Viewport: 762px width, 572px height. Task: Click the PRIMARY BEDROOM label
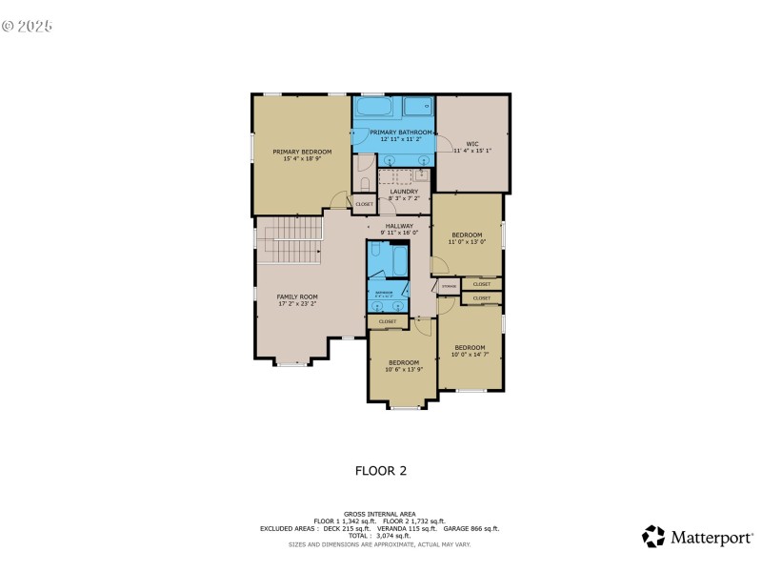[302, 152]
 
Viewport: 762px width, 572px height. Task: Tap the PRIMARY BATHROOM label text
[393, 133]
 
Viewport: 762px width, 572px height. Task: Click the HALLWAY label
[399, 226]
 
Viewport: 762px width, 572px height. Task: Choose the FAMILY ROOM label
[297, 296]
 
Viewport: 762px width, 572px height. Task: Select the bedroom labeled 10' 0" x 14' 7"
[470, 347]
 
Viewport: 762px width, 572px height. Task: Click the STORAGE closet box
[449, 285]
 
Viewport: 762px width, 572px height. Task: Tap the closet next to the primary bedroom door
[364, 204]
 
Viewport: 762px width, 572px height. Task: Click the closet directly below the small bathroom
[388, 322]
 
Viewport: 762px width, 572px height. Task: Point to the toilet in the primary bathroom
[364, 181]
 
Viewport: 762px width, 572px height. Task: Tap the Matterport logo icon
[652, 537]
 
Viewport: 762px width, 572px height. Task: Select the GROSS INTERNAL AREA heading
[380, 513]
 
